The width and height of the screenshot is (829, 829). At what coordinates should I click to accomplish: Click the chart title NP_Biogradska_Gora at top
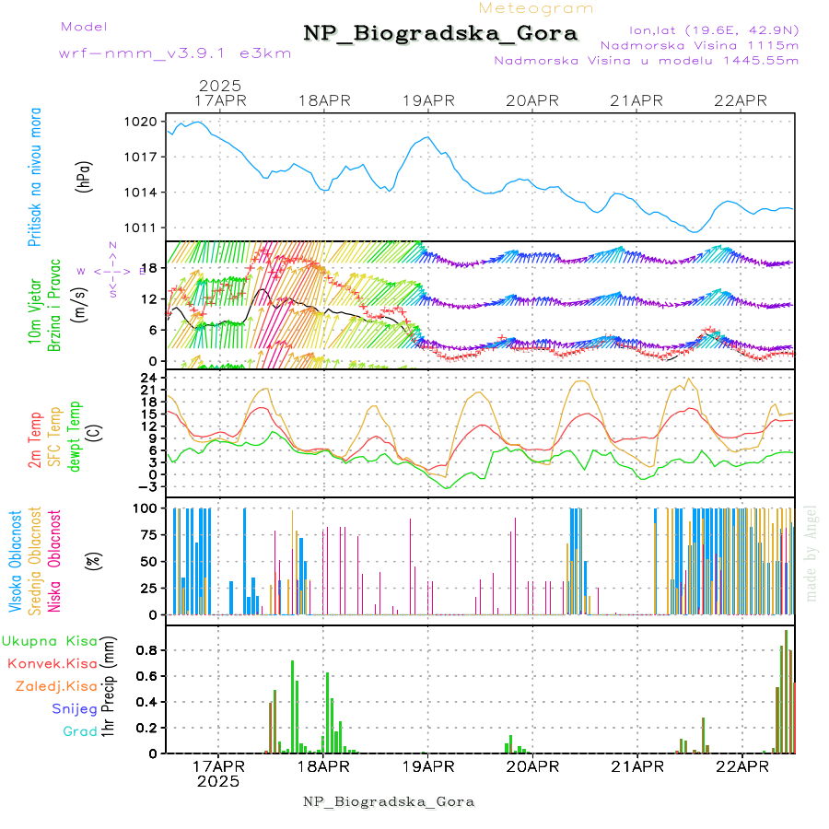coord(440,34)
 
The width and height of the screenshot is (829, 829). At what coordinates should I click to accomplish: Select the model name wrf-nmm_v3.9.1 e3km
coord(175,53)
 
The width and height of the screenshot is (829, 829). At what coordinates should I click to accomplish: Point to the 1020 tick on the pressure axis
coord(144,122)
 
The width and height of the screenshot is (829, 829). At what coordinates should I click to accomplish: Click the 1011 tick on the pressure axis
coord(144,228)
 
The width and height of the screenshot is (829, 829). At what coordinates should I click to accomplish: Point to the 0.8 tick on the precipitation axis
coord(146,650)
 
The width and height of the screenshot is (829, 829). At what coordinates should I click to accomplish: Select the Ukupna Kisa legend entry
coord(50,640)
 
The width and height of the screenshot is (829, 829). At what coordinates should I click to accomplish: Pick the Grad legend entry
coord(80,731)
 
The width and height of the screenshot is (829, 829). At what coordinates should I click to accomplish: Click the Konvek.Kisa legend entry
coord(53,663)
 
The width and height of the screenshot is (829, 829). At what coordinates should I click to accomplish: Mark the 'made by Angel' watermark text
coord(811,553)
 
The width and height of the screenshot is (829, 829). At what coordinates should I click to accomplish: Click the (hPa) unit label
coord(86,176)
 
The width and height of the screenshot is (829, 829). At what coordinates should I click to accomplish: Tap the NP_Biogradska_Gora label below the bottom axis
coord(389,801)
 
